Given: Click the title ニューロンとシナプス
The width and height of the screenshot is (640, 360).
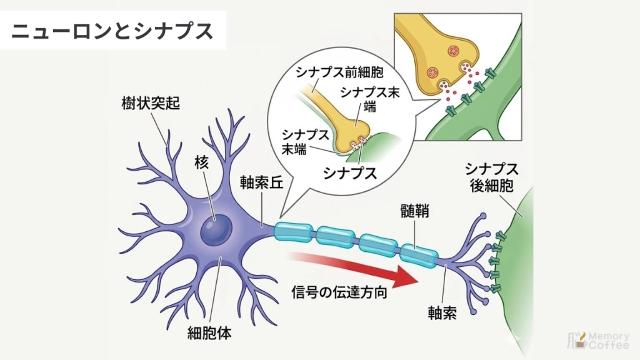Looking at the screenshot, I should click(112, 31).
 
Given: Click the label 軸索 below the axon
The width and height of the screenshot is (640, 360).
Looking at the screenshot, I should click(442, 312).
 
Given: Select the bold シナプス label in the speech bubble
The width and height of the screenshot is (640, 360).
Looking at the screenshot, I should click(350, 173).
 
